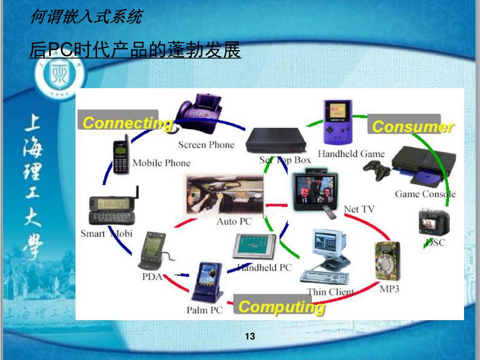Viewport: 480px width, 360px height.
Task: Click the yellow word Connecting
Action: tap(127, 123)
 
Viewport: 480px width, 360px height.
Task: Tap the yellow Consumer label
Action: tap(412, 127)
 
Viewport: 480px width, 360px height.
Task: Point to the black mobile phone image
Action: tap(120, 155)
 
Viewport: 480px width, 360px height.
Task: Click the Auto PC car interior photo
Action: tap(224, 195)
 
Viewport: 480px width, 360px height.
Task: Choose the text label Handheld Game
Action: tap(351, 154)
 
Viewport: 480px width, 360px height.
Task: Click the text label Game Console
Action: tap(425, 194)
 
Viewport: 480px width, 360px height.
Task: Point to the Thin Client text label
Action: tap(330, 292)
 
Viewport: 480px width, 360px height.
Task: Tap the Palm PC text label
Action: tap(204, 310)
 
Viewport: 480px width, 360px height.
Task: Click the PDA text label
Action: tap(152, 277)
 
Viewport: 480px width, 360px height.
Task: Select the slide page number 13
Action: tap(250, 336)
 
